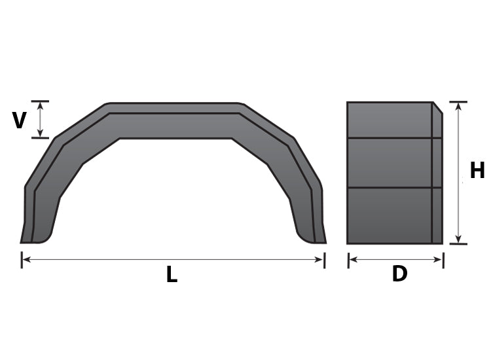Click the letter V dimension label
(x=20, y=120)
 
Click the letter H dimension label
(x=477, y=171)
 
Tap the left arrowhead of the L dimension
(x=25, y=260)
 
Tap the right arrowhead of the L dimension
(x=321, y=260)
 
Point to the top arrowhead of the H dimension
(x=458, y=105)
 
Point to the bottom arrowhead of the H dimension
(x=458, y=240)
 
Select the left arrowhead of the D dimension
(x=352, y=260)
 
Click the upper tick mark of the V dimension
(x=40, y=101)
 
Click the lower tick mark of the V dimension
(x=40, y=137)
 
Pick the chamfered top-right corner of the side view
(x=437, y=108)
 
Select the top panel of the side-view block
(x=390, y=120)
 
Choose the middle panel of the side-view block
(x=390, y=162)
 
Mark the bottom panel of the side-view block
(x=390, y=215)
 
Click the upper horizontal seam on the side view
(x=390, y=138)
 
